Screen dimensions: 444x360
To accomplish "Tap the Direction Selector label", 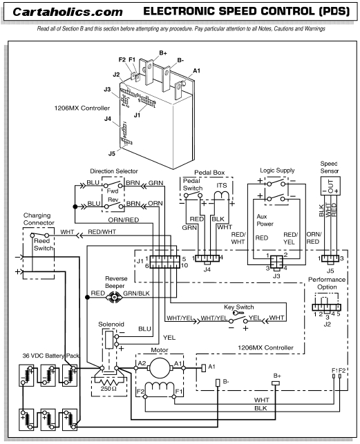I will click(x=113, y=171).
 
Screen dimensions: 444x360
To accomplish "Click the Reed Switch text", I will click(x=43, y=244).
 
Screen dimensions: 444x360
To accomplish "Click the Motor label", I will click(x=160, y=351).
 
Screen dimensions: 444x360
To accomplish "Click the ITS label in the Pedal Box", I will click(x=222, y=184).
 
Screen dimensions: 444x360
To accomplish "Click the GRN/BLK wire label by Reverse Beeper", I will click(x=135, y=293).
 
